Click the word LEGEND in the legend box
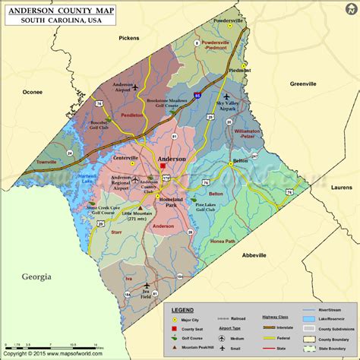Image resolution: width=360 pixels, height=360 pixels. (x=182, y=310)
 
